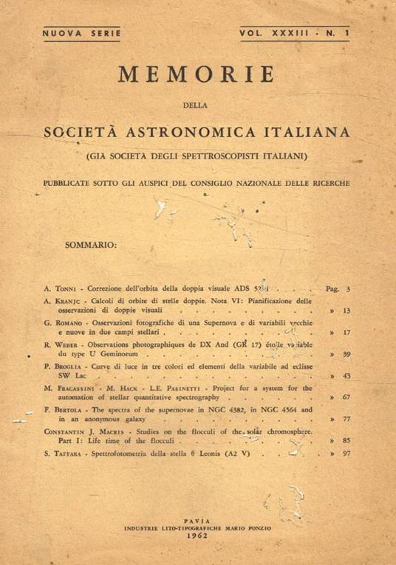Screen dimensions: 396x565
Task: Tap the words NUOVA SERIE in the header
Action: (x=75, y=33)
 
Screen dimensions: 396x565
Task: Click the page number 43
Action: (x=345, y=376)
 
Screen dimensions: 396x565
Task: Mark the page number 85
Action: (x=345, y=440)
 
